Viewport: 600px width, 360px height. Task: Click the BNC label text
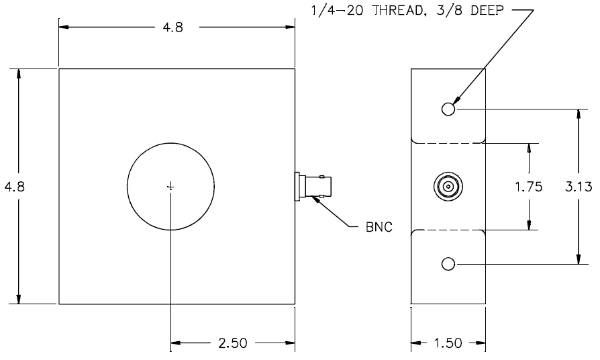pos(379,227)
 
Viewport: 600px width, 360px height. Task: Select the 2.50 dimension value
pos(233,343)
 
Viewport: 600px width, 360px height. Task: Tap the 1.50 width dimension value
pos(448,343)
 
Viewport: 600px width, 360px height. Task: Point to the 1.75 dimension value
pos(528,187)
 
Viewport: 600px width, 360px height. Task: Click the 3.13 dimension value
pos(579,187)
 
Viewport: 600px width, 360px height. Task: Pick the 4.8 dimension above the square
pos(173,28)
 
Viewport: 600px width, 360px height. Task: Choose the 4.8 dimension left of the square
pos(14,187)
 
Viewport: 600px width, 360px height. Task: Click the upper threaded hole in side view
pos(448,109)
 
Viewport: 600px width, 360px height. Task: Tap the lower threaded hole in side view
pos(448,264)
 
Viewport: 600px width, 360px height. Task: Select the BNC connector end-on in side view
pos(448,187)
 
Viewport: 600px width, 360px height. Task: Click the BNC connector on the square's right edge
pos(313,187)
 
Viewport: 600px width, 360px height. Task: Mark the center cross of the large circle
pos(170,187)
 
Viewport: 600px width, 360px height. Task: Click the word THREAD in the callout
pos(398,11)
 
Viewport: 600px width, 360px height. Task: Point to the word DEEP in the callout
pos(487,11)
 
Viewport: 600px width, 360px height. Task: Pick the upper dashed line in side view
pos(448,143)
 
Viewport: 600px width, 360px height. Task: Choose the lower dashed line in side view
pos(448,230)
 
